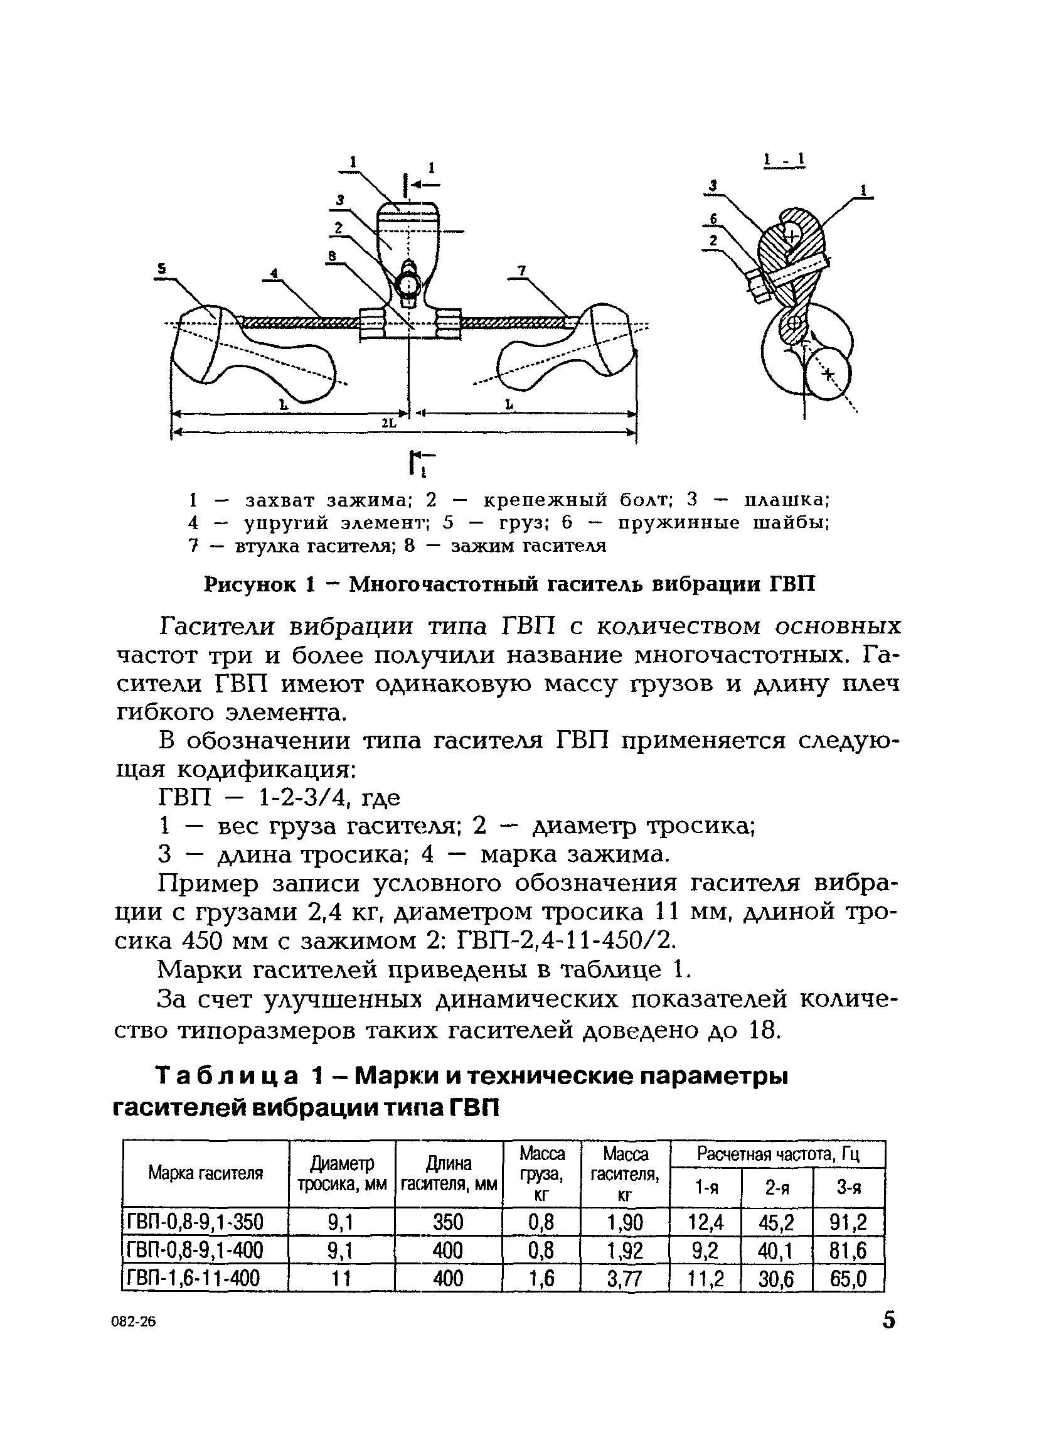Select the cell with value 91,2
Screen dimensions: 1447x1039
click(x=848, y=1222)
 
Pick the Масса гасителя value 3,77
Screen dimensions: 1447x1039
click(x=624, y=1278)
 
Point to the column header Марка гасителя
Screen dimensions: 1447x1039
click(x=205, y=1173)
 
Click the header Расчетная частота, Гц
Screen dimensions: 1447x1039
click(x=778, y=1153)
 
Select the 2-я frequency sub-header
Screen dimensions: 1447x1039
click(x=777, y=1187)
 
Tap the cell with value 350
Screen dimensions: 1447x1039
click(x=448, y=1222)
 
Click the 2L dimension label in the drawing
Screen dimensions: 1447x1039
click(x=388, y=423)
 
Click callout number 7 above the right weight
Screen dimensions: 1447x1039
click(x=522, y=271)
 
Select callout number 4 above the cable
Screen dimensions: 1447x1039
click(x=274, y=273)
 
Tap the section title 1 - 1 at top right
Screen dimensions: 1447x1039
click(x=784, y=160)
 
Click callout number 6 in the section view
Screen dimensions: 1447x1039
click(x=714, y=219)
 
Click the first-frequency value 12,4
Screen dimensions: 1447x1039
click(x=706, y=1222)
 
